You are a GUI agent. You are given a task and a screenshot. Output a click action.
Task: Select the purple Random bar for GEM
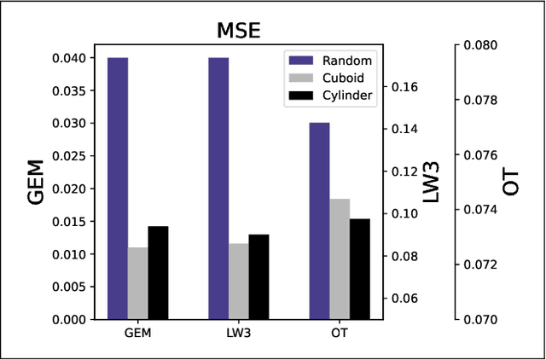118,189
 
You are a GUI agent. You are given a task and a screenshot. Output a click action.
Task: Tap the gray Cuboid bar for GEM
138,283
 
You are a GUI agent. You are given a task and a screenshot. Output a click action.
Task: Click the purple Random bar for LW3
218,189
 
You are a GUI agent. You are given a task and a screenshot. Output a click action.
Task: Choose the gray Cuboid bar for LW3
239,282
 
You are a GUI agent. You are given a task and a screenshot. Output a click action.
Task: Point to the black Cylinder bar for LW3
258,276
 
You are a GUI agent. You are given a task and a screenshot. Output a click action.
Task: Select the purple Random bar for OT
319,221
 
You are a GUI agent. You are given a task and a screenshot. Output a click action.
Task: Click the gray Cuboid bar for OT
340,259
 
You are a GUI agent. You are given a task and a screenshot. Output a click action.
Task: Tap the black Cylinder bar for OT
359,269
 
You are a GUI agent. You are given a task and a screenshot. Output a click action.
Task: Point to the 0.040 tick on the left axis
68,58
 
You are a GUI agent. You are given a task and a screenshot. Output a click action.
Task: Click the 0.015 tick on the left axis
68,222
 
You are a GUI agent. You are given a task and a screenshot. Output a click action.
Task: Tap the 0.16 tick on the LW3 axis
404,87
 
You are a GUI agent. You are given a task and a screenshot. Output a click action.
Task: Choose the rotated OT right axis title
512,182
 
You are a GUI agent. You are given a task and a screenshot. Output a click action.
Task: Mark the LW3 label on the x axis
239,333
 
